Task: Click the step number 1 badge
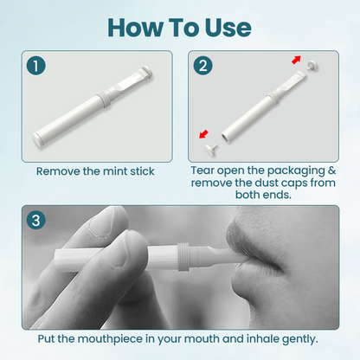36,65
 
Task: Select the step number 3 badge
36,220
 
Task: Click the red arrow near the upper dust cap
297,61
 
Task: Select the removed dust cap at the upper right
311,63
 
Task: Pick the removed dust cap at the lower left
212,149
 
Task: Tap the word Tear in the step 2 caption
205,171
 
